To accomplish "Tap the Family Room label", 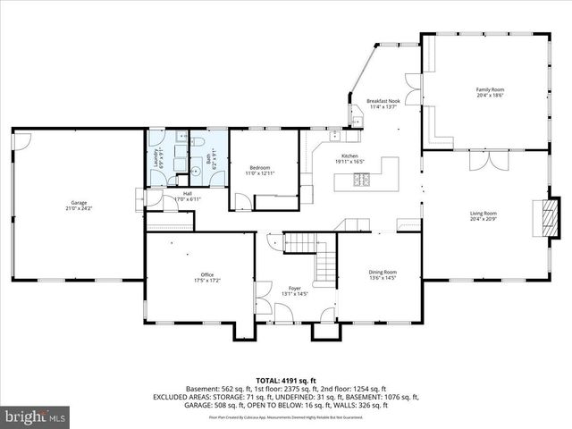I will [489, 89].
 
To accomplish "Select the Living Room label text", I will [484, 214].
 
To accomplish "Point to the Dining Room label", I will [383, 272].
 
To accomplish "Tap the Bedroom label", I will [259, 167].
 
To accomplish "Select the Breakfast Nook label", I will [383, 102].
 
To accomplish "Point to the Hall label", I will [188, 193].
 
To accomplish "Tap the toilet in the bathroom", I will [200, 167].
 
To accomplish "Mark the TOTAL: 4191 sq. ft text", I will [285, 380].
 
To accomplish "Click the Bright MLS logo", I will [36, 416].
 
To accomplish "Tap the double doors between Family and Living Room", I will [488, 162].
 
